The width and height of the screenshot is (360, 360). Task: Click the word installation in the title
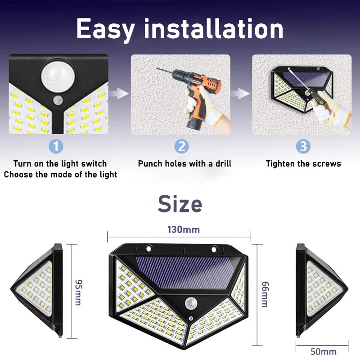[213, 28]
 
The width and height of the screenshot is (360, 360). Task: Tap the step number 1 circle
[56, 146]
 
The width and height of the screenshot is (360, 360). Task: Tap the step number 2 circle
[182, 146]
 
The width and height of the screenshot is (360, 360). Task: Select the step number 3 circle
[303, 146]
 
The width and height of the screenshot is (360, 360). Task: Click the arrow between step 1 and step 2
[119, 94]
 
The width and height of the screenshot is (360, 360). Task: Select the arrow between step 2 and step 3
[240, 94]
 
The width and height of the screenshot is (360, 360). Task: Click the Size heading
[180, 204]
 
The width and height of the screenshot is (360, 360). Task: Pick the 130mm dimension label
[184, 229]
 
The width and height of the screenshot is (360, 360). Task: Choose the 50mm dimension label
[324, 351]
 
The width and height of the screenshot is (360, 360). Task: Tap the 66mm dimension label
[265, 294]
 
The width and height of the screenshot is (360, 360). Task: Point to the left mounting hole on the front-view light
[148, 248]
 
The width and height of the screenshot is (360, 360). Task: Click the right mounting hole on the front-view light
[214, 249]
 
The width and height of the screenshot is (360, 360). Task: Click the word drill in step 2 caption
[223, 164]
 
